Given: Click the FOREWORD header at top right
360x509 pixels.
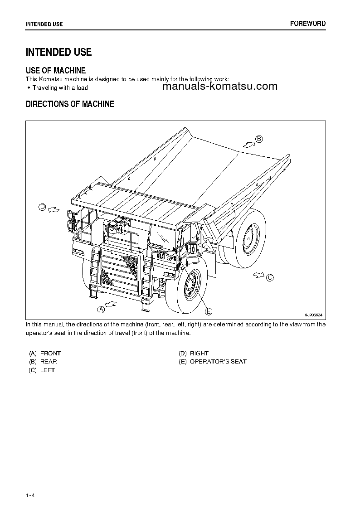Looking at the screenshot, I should [x=308, y=24].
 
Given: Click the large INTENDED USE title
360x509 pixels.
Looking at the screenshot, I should [x=58, y=52].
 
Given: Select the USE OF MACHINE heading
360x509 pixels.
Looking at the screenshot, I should [x=55, y=70].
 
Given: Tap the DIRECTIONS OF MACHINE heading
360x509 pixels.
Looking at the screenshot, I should [x=70, y=104].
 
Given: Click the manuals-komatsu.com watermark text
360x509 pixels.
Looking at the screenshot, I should [x=219, y=87].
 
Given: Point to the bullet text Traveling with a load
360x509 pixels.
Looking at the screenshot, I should [x=60, y=88].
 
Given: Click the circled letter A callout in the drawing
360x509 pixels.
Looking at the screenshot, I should [x=101, y=309].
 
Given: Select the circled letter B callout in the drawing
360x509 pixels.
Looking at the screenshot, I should [x=259, y=139].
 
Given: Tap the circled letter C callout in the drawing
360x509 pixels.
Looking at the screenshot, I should [x=270, y=278].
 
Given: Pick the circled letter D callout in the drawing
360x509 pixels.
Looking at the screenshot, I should [x=42, y=207].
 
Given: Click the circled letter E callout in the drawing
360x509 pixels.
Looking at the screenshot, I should [x=209, y=311].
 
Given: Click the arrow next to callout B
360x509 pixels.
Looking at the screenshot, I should [x=248, y=144].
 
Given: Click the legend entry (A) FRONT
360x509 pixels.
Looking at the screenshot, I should [x=44, y=353].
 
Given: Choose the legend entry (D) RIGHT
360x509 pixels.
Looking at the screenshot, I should [x=193, y=353].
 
